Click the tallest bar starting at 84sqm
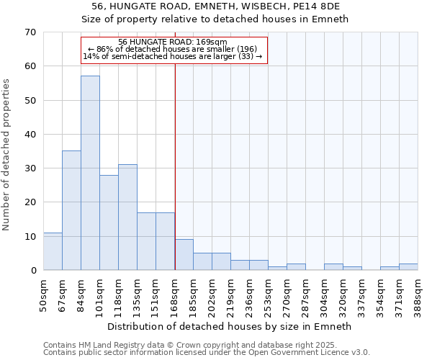[90, 173]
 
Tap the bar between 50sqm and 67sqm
[53, 251]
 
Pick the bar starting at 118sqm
[127, 217]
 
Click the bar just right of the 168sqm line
[184, 255]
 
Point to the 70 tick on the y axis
[30, 32]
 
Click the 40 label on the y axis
[30, 135]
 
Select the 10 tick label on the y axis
[30, 237]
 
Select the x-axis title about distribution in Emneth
[230, 326]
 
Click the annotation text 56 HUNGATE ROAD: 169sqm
[173, 42]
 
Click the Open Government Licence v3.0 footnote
[207, 352]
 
